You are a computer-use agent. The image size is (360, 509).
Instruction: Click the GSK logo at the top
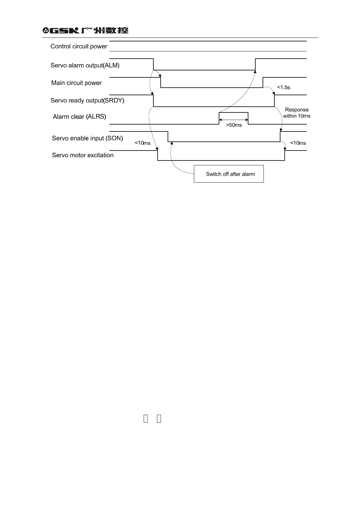pos(61,30)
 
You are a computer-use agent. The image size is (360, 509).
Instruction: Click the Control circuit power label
pos(79,46)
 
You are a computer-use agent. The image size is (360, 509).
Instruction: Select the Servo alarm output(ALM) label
pos(85,65)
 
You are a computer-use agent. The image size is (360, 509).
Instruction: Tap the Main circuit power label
pos(76,83)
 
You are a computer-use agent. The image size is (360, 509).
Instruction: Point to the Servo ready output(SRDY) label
pos(87,100)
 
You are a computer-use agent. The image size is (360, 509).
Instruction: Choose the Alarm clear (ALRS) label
pos(79,117)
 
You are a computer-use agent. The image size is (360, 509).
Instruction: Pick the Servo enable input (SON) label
pos(87,138)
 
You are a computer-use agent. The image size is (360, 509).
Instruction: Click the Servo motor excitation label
pos(83,155)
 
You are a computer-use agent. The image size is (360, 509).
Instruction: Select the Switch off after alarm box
pos(229,174)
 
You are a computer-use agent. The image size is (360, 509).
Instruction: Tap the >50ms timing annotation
pos(234,125)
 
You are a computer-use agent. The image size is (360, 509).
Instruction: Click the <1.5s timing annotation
pos(283,87)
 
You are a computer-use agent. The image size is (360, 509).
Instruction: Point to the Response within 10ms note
pos(297,113)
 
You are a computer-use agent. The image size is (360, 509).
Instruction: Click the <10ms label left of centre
pos(142,143)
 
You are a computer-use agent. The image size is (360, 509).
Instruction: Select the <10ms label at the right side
pos(298,143)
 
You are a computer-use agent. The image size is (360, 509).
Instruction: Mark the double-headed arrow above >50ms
pos(234,120)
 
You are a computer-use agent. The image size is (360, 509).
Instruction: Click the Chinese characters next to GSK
pos(105,30)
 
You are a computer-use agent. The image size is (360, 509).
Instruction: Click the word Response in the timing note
pos(297,110)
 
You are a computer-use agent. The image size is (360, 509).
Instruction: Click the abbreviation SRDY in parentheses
pos(114,100)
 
